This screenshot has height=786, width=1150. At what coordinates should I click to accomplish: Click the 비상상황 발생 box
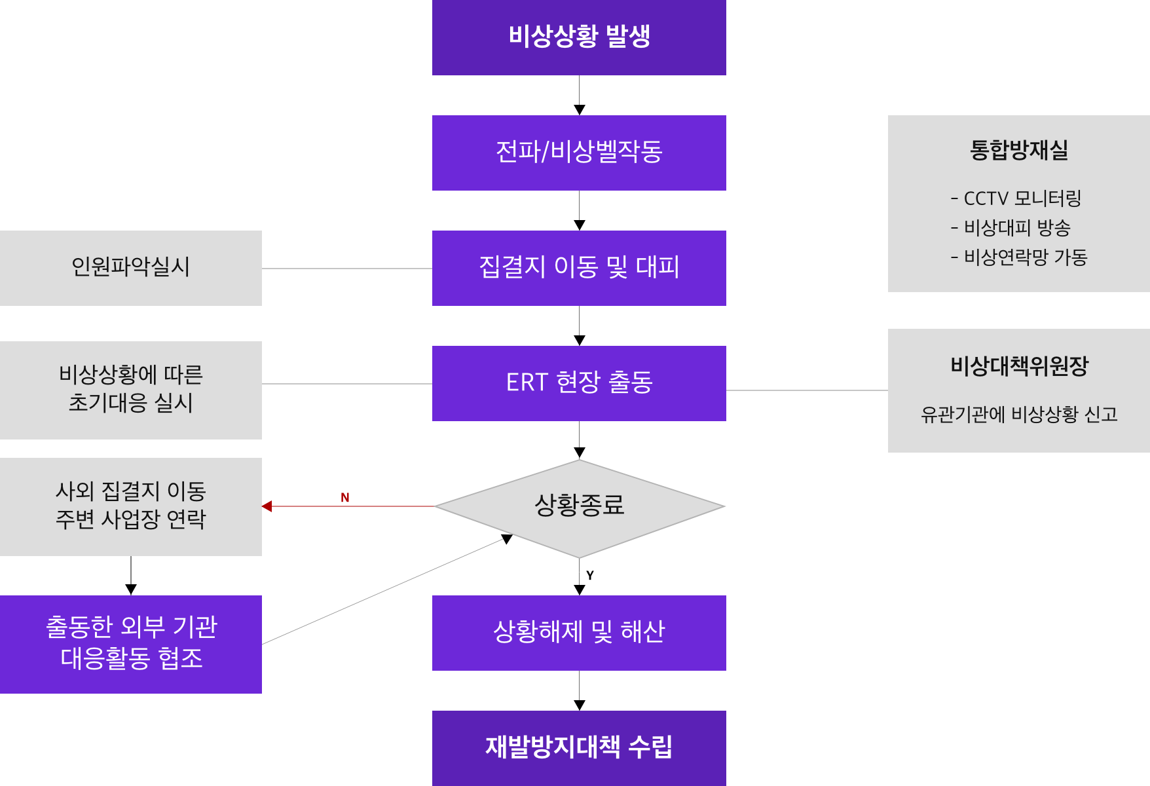pyautogui.click(x=579, y=37)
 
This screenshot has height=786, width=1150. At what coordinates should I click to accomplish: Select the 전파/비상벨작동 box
pyautogui.click(x=579, y=153)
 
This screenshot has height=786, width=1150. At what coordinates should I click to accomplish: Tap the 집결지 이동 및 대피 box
pyautogui.click(x=579, y=268)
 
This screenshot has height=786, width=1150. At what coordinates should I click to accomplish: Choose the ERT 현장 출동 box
pyautogui.click(x=579, y=383)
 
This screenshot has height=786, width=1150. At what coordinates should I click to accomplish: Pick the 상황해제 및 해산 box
pyautogui.click(x=579, y=633)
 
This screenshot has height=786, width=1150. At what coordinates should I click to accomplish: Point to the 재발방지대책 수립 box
pyautogui.click(x=579, y=747)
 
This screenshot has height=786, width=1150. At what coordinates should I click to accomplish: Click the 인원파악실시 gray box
pyautogui.click(x=131, y=268)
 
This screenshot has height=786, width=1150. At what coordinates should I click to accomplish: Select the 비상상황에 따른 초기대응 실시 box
pyautogui.click(x=131, y=390)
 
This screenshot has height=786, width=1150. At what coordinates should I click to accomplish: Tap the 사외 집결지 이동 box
pyautogui.click(x=131, y=506)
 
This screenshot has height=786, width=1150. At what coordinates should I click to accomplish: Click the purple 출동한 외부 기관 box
pyautogui.click(x=131, y=644)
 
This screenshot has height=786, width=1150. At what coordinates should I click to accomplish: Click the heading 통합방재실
pyautogui.click(x=1019, y=150)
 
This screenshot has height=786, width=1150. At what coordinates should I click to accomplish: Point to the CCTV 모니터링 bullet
pyautogui.click(x=1016, y=198)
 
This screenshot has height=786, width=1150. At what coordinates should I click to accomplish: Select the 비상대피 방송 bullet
pyautogui.click(x=1011, y=228)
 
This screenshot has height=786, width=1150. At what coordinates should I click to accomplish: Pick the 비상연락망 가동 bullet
pyautogui.click(x=1019, y=257)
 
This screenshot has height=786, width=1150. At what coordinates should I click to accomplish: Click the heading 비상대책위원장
pyautogui.click(x=1019, y=365)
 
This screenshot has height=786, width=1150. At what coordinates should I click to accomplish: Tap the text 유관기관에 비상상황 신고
pyautogui.click(x=1019, y=415)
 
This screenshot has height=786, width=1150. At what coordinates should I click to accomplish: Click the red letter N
pyautogui.click(x=345, y=498)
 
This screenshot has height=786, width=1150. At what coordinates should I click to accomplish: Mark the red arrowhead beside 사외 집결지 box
pyautogui.click(x=267, y=506)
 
